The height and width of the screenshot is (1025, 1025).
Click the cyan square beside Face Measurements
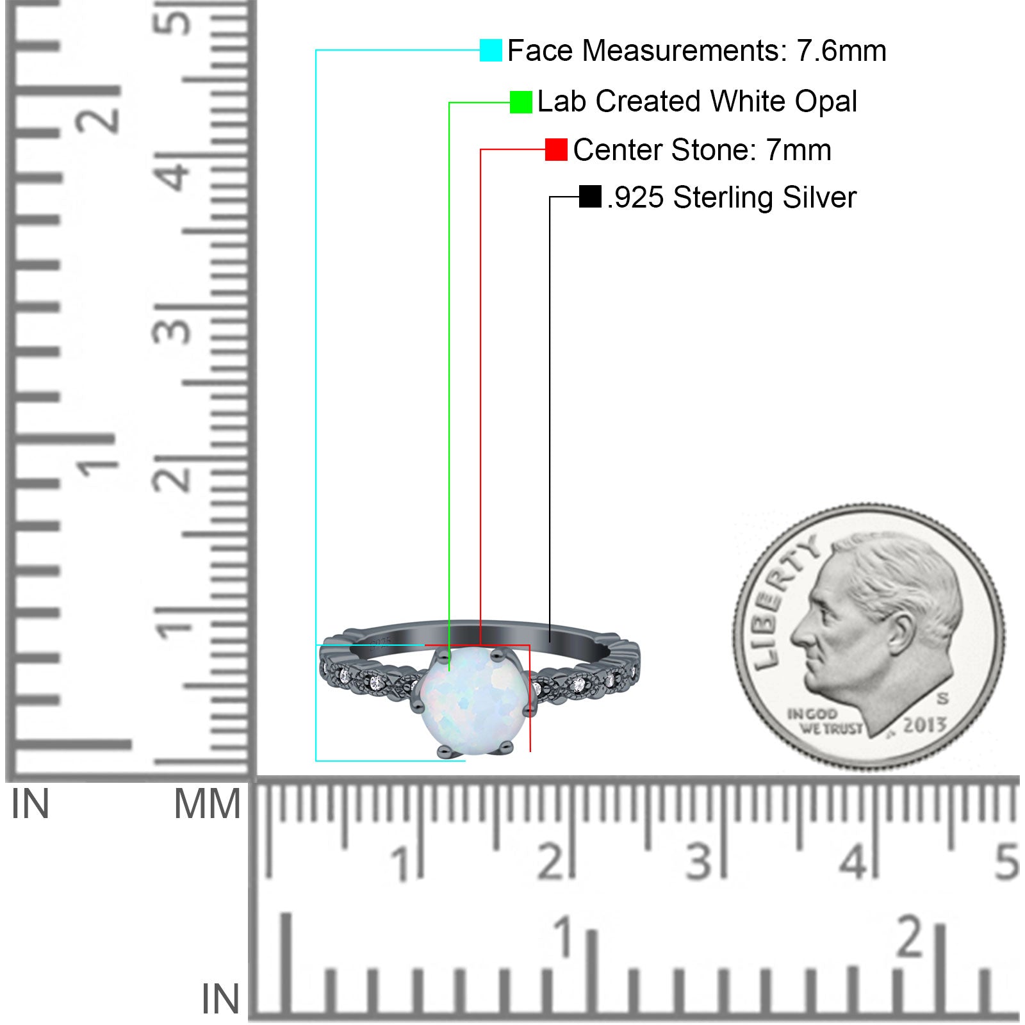click(x=491, y=50)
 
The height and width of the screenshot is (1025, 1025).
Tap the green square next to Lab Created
click(x=521, y=102)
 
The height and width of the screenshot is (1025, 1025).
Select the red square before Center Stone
click(x=556, y=149)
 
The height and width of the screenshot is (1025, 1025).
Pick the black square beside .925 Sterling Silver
click(x=590, y=197)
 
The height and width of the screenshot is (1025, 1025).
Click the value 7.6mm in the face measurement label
click(x=841, y=51)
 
